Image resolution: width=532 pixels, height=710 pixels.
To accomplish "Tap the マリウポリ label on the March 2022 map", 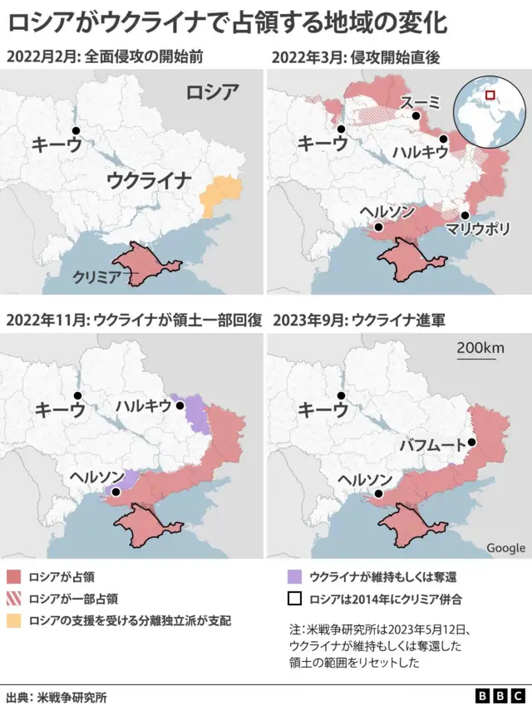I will click(477, 229).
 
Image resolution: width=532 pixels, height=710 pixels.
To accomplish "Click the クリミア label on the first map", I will click(99, 276).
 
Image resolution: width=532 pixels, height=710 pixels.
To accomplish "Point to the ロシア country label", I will click(211, 92).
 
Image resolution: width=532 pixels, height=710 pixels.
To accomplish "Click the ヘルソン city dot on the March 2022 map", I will click(378, 226).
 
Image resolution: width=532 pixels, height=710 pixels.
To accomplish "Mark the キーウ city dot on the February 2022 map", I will click(76, 131).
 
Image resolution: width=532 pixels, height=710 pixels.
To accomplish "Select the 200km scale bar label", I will click(480, 349).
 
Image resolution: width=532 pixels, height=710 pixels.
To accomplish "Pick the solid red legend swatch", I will click(13, 575).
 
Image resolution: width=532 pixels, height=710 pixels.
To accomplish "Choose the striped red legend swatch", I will click(13, 598).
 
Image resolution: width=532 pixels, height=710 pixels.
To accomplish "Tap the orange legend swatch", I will click(13, 620).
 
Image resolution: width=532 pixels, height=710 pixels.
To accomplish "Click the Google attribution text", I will click(505, 548).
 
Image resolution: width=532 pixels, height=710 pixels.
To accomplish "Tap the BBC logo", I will click(500, 696).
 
